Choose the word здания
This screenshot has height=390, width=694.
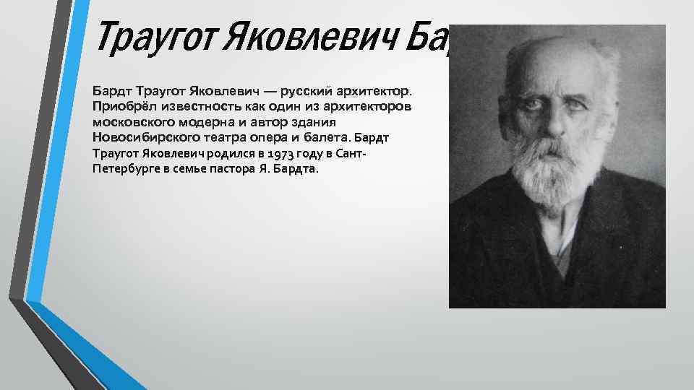(316, 122)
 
